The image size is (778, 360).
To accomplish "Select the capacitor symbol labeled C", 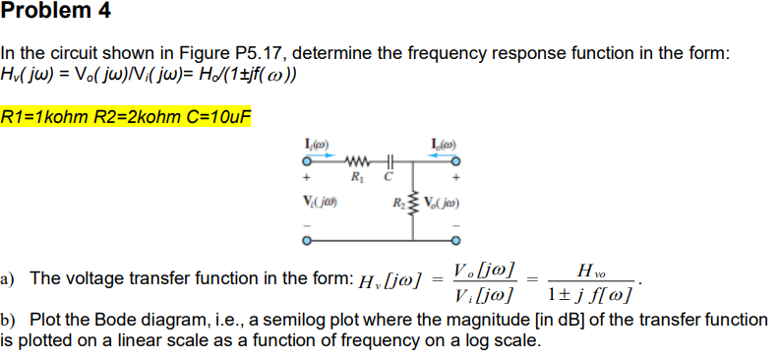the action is [x=389, y=162].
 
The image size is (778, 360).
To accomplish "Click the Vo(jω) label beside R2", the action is [x=443, y=206].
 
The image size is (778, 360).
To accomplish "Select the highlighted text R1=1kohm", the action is [x=45, y=116].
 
